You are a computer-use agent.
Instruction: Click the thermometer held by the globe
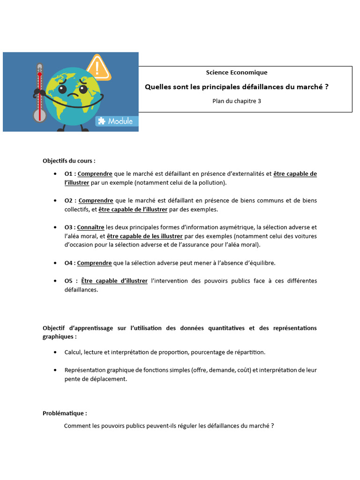pyautogui.click(x=40, y=89)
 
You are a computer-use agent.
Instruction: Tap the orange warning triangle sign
pyautogui.click(x=99, y=68)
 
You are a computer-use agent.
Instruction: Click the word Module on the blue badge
pyautogui.click(x=120, y=121)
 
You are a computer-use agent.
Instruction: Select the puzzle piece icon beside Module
pyautogui.click(x=101, y=121)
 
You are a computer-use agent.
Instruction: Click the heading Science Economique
pyautogui.click(x=237, y=72)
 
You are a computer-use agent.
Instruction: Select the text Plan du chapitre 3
pyautogui.click(x=237, y=101)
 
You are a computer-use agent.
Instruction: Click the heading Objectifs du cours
pyautogui.click(x=69, y=160)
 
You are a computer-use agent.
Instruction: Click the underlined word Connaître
pyautogui.click(x=90, y=227)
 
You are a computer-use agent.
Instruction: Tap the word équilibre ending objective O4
pyautogui.click(x=260, y=263)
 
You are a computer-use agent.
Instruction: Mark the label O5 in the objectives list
pyautogui.click(x=69, y=281)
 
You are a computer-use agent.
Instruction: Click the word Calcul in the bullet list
pyautogui.click(x=74, y=352)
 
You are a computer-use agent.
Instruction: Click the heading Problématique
pyautogui.click(x=64, y=413)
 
